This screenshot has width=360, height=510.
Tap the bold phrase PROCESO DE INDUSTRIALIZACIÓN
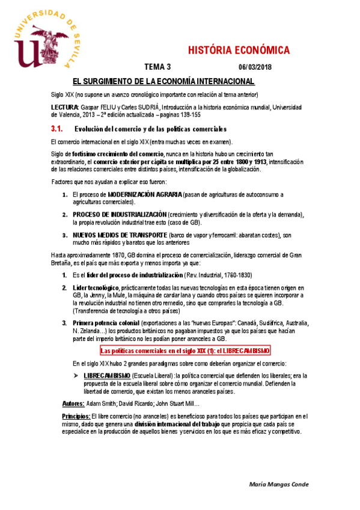(119, 215)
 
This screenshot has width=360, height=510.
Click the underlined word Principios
(76, 416)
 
